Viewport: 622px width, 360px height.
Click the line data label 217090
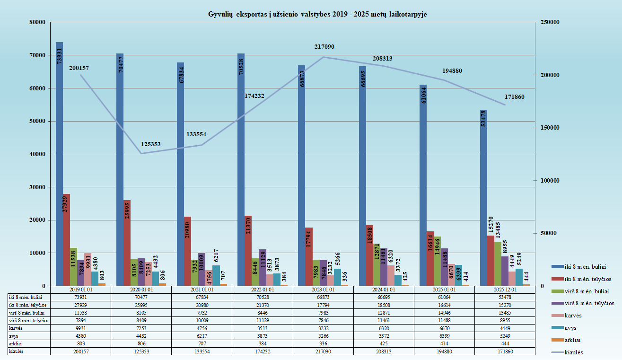click(324, 47)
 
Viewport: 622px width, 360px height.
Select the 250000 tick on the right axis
click(550, 22)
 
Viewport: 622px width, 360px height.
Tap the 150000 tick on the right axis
click(550, 128)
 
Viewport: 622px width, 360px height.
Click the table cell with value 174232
click(263, 351)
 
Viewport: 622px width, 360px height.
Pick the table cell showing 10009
click(201, 320)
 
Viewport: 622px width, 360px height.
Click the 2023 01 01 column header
click(323, 289)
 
